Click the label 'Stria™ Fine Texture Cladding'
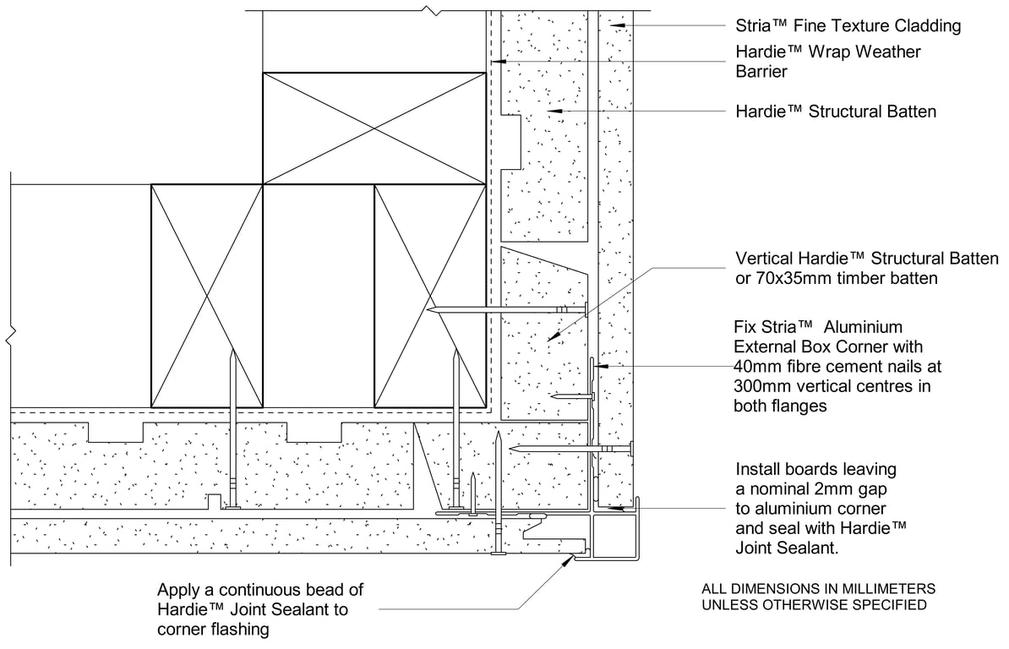[848, 26]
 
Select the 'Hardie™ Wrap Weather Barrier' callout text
[828, 61]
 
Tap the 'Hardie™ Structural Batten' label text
[836, 112]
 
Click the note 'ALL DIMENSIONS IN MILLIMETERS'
[818, 589]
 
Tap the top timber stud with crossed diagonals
[374, 127]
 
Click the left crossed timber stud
[207, 294]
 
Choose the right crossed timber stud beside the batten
[429, 294]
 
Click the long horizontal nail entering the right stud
[507, 311]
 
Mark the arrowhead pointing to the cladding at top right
[619, 26]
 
